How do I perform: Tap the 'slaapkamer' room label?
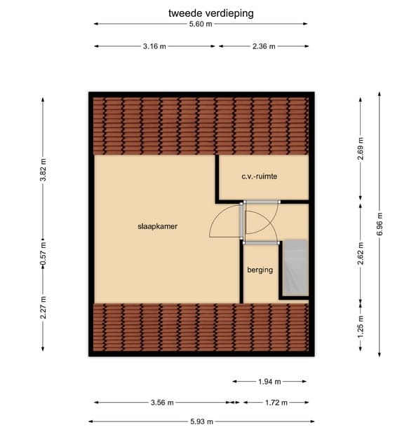coord(157,227)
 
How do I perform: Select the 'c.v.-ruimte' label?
coord(260,177)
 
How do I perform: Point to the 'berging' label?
coord(259,270)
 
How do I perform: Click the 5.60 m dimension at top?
coord(201,25)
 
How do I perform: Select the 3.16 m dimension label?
coord(154,46)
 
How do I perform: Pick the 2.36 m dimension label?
coord(263,46)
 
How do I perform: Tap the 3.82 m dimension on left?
coord(43,171)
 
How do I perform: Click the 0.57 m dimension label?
coord(43,250)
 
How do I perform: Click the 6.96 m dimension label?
coord(380,223)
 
